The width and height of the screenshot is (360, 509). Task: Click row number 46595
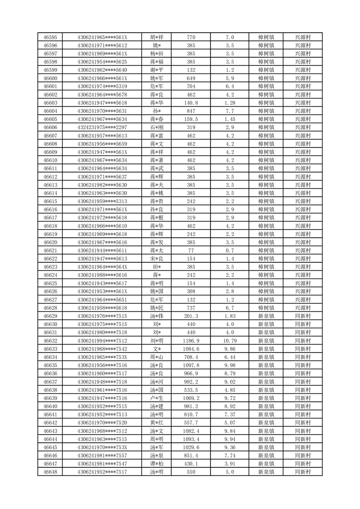(50, 37)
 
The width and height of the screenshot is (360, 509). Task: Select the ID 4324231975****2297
(102, 127)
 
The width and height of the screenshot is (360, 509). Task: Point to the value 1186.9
(191, 341)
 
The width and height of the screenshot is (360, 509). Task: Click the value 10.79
(229, 341)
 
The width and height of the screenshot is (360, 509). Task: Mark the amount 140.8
(191, 103)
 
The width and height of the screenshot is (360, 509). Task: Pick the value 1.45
(229, 119)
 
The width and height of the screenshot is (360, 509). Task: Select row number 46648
(50, 472)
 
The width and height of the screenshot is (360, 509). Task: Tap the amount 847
(191, 111)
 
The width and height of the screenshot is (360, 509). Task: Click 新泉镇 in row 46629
(266, 316)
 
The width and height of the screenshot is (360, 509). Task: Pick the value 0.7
(229, 250)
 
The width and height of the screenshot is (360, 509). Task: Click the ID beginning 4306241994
(102, 341)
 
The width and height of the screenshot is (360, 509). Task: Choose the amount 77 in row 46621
(191, 250)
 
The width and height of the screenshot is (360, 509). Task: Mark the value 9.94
(229, 439)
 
